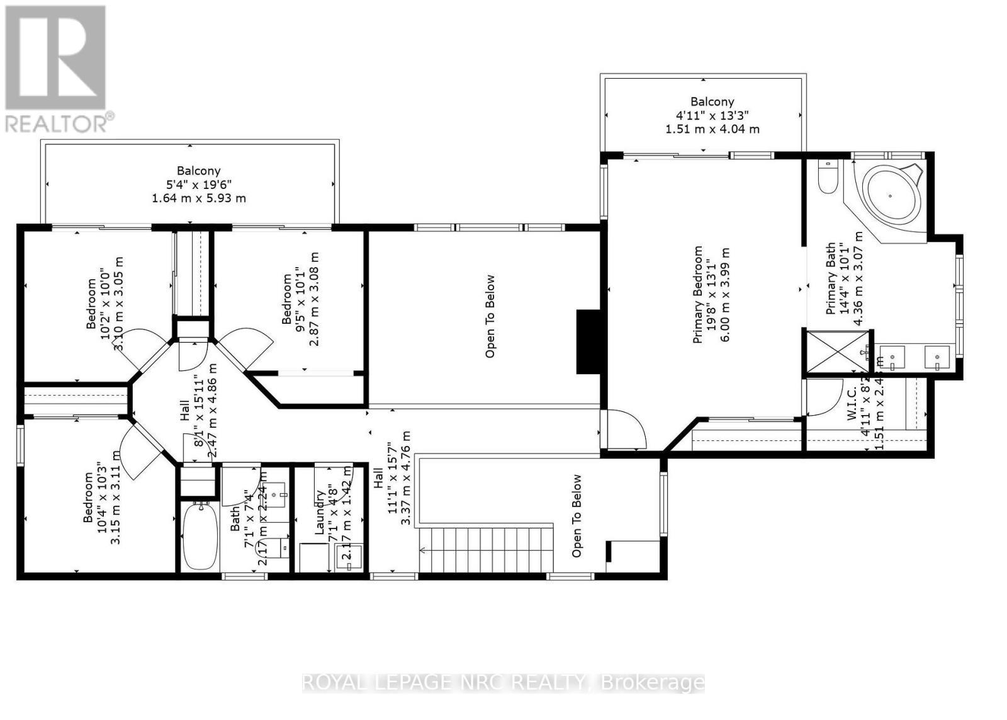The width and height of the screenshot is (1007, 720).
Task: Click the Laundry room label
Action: click(319, 513)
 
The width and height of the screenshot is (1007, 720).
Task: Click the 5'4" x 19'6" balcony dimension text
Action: click(199, 185)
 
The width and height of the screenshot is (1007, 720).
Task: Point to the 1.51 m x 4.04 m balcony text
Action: click(712, 129)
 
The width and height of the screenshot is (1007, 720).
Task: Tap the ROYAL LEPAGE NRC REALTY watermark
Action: click(503, 682)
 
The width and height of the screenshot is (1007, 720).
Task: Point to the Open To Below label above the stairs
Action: click(576, 515)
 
